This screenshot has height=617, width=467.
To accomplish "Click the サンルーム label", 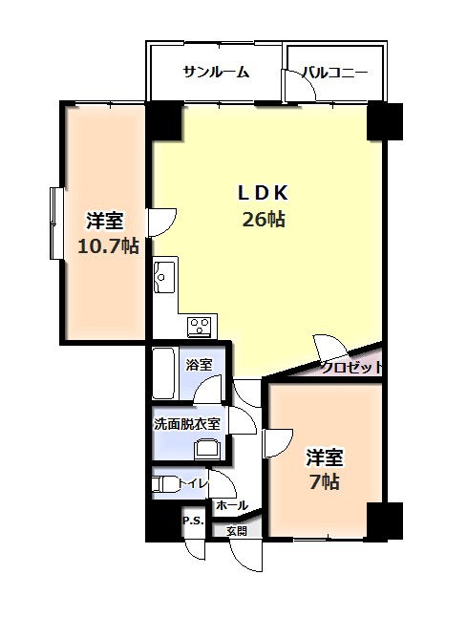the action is click(x=217, y=73).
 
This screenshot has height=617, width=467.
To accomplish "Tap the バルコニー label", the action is click(x=335, y=73).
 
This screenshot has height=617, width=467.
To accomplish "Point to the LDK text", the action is click(x=263, y=193).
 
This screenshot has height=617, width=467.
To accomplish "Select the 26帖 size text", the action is click(x=264, y=219).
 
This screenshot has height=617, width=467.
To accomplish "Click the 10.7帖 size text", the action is click(x=108, y=246).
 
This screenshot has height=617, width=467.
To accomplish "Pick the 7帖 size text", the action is click(x=325, y=481).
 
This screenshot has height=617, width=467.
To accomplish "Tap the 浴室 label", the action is click(x=199, y=365).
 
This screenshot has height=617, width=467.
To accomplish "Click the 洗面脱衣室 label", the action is click(x=186, y=424).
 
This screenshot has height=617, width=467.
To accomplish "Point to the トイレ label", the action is click(x=193, y=483).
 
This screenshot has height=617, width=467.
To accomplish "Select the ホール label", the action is click(x=232, y=505).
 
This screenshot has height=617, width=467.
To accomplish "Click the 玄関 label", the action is click(x=237, y=531).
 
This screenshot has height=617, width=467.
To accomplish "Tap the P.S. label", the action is click(x=193, y=521).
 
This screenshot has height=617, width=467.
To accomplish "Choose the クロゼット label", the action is click(x=351, y=368).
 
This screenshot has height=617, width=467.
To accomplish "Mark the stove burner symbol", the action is click(x=202, y=327).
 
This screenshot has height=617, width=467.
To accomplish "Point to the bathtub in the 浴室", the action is click(x=163, y=373).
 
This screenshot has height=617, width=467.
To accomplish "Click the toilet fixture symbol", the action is click(x=164, y=483).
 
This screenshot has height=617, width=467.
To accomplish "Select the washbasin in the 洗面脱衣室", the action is click(x=209, y=449).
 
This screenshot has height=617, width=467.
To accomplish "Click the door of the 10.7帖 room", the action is click(x=161, y=223).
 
